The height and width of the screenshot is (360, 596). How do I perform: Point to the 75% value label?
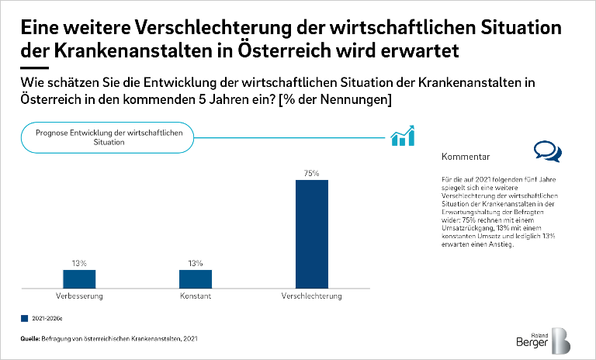tap(312, 174)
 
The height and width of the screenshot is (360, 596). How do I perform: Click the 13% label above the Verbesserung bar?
tap(79, 264)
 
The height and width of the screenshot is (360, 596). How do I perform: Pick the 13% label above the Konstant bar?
tap(196, 264)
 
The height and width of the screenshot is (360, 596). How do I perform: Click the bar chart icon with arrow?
tap(403, 137)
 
